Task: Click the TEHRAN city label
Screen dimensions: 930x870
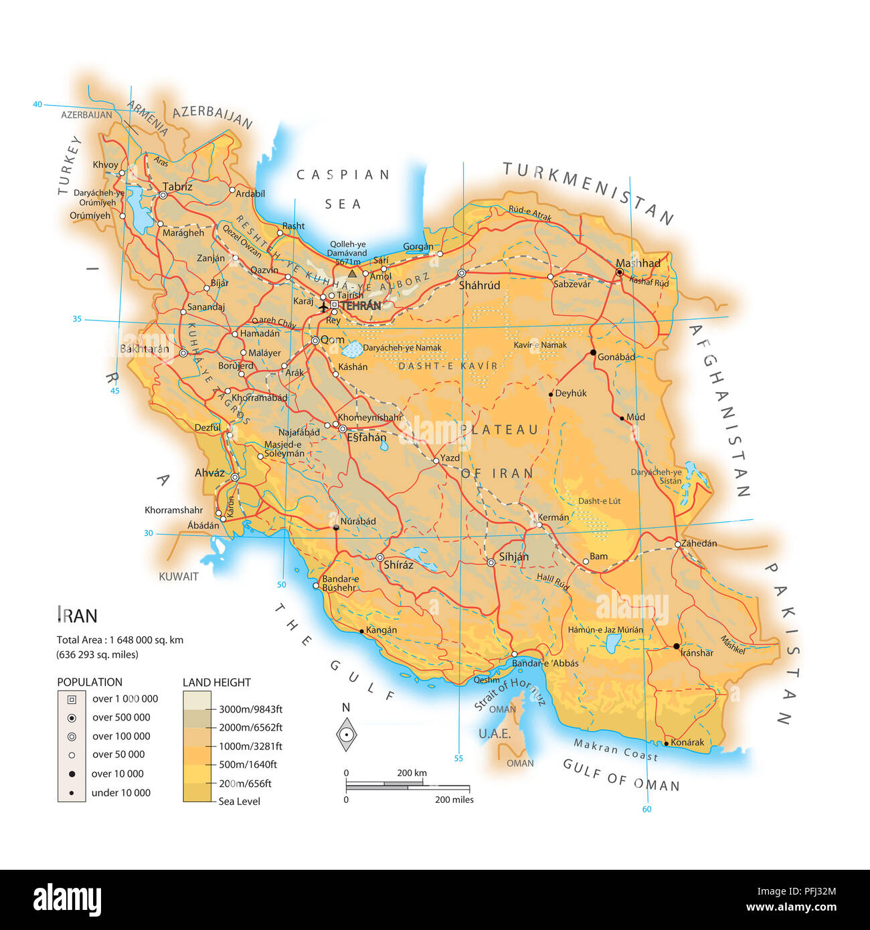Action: click(x=361, y=306)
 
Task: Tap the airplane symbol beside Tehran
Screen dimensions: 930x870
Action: click(x=323, y=307)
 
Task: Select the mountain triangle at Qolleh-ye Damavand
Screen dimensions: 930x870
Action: click(x=352, y=274)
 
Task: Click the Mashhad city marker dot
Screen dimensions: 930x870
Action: click(x=620, y=272)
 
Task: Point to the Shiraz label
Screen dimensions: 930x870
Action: click(x=398, y=565)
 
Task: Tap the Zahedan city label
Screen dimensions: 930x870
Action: click(x=699, y=543)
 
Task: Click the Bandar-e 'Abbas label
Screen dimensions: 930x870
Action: click(x=545, y=663)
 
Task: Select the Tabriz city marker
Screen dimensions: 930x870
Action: click(x=163, y=195)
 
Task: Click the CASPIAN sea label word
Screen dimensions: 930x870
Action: click(x=343, y=175)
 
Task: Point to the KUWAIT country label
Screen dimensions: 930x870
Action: click(x=179, y=577)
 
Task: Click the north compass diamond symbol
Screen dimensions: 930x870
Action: click(x=346, y=735)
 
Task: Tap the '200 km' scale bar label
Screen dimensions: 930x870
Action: click(x=412, y=773)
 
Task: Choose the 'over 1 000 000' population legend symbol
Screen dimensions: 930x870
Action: click(x=72, y=699)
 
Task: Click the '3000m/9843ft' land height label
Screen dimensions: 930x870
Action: click(x=250, y=709)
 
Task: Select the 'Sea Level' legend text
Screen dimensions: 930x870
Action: click(x=239, y=802)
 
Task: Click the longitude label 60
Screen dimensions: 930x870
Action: click(x=646, y=809)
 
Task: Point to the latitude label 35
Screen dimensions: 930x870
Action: click(x=77, y=319)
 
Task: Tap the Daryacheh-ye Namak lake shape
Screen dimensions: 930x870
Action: click(x=352, y=349)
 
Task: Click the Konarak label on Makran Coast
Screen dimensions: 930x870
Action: click(x=687, y=742)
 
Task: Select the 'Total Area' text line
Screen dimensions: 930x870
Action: click(x=120, y=640)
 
